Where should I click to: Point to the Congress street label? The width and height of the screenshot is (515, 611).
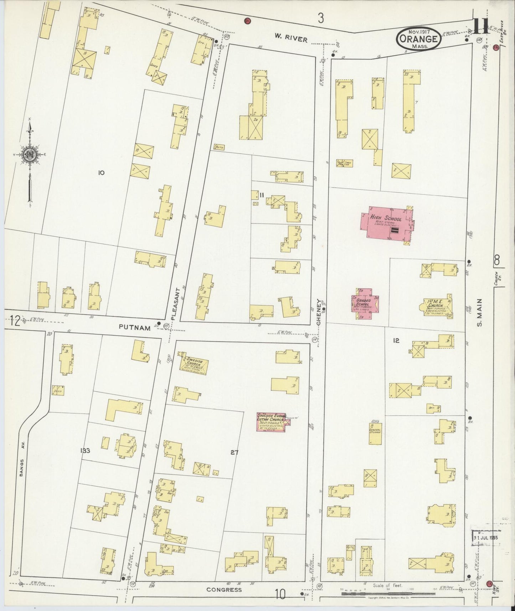(224, 590)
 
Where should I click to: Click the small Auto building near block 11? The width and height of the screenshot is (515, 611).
(219, 147)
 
